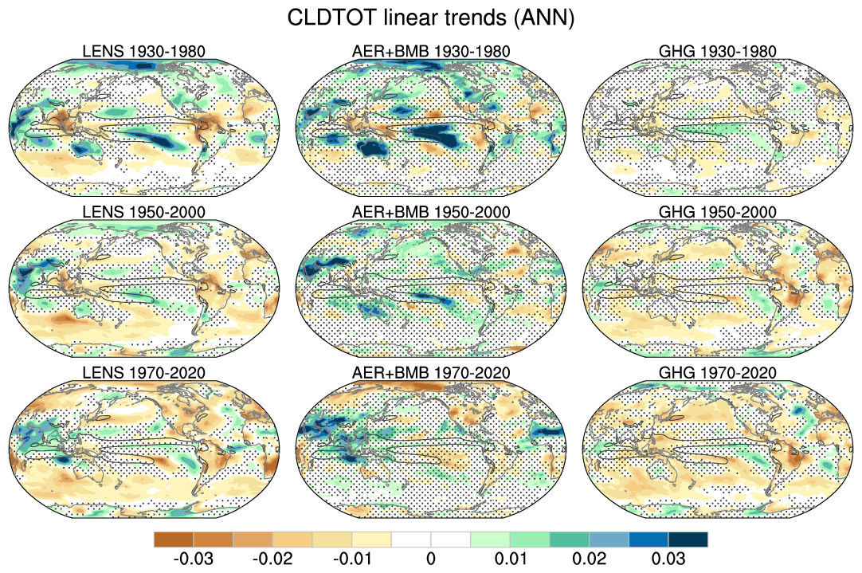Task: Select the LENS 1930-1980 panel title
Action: click(x=144, y=52)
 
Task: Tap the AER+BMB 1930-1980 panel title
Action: click(x=431, y=52)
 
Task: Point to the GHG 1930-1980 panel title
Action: click(x=718, y=52)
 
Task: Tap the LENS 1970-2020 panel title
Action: click(x=144, y=372)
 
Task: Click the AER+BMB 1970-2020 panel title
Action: click(x=431, y=372)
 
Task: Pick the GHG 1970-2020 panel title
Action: click(x=718, y=372)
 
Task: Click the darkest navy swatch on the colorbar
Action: click(x=688, y=540)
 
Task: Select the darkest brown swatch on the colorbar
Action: click(x=174, y=540)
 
